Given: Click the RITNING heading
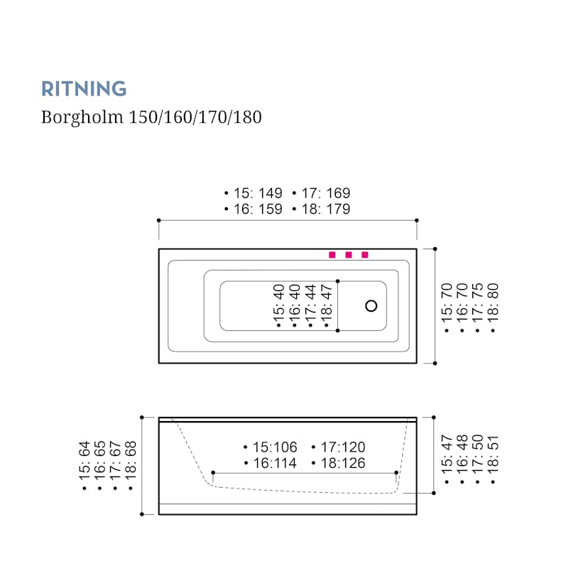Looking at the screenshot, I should tap(84, 89).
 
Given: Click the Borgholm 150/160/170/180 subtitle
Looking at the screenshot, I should tap(151, 117).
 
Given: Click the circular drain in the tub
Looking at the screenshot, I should tap(371, 306).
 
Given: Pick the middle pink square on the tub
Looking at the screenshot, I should tap(349, 255).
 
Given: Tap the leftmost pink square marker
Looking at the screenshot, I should tap(332, 255).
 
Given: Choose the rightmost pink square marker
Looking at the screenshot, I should tap(365, 255).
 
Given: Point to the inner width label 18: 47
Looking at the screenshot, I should tap(327, 306).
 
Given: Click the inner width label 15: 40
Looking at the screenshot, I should tap(278, 306).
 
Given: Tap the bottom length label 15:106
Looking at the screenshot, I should tap(273, 447).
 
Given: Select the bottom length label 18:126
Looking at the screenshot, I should tap(341, 464).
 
